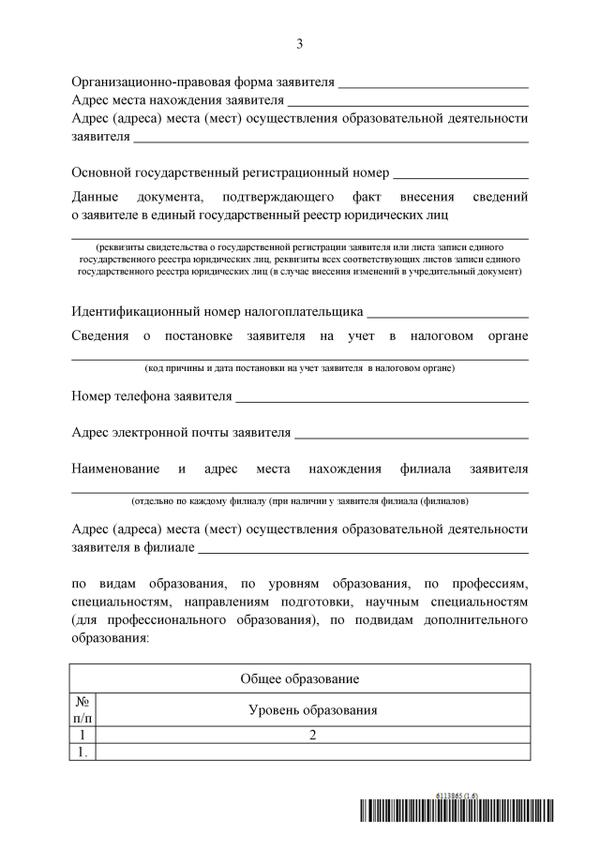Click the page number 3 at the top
tap(299, 43)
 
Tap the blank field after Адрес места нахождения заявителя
tap(408, 101)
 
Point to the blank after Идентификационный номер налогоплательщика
tap(448, 314)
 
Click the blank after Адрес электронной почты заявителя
tap(412, 435)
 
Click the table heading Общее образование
tap(300, 678)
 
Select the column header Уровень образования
tap(312, 710)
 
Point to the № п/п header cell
tap(82, 709)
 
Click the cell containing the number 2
tap(312, 735)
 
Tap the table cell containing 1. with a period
tap(82, 751)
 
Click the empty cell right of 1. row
tap(312, 751)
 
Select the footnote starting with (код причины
tap(299, 369)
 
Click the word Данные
tap(94, 197)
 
